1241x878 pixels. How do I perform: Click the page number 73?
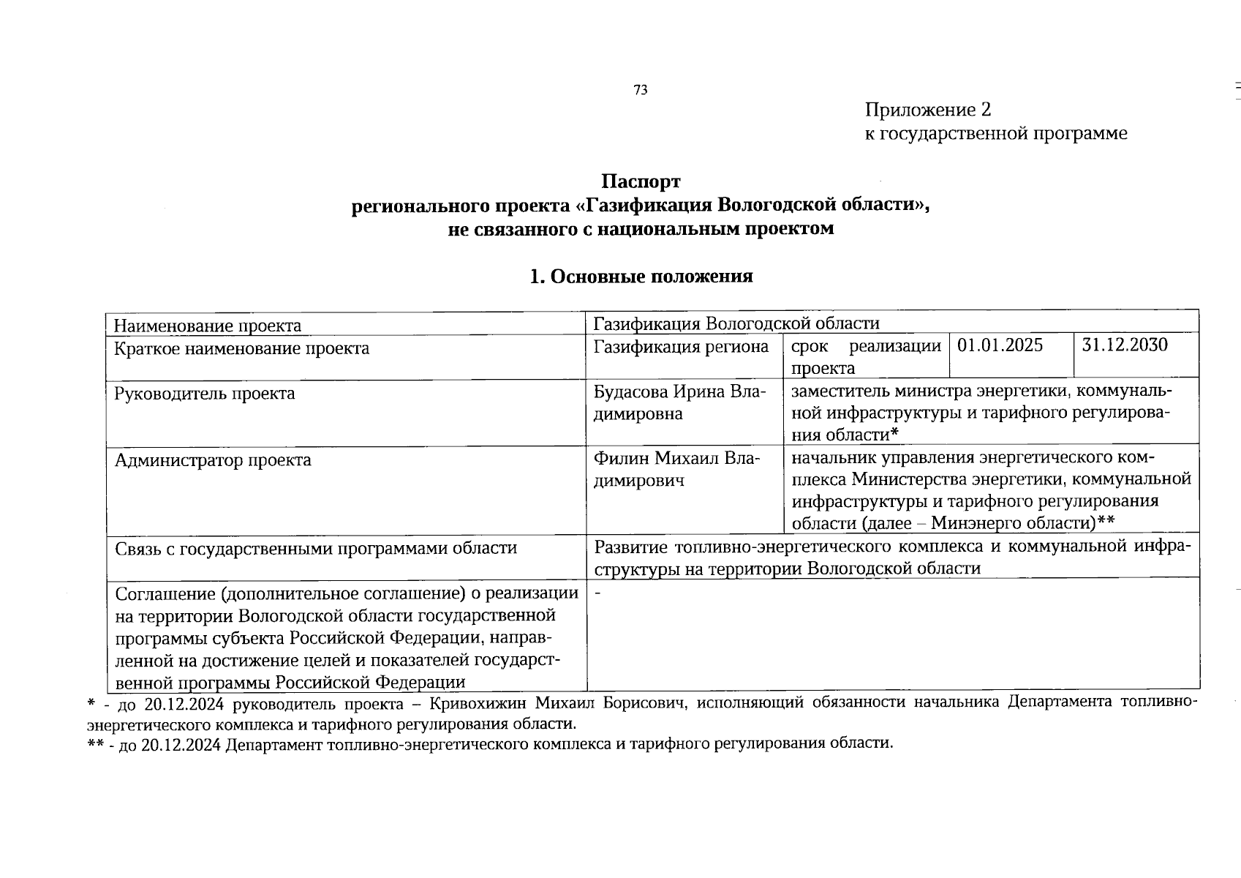(641, 90)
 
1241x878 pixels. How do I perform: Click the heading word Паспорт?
(641, 181)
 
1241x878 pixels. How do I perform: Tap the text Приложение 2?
(928, 110)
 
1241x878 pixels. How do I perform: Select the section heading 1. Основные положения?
(641, 277)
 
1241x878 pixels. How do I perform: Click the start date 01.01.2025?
(1000, 345)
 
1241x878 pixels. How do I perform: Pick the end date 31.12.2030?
(1125, 345)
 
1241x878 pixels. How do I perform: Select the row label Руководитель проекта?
(205, 394)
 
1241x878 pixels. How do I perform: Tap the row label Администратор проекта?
(213, 460)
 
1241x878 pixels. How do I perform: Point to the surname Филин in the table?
(621, 459)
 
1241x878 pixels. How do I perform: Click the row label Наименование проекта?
(208, 326)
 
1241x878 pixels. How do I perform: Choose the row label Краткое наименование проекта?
(242, 348)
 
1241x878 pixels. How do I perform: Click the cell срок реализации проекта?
(865, 356)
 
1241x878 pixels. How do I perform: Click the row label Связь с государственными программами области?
(316, 548)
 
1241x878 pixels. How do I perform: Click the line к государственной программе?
(996, 133)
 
